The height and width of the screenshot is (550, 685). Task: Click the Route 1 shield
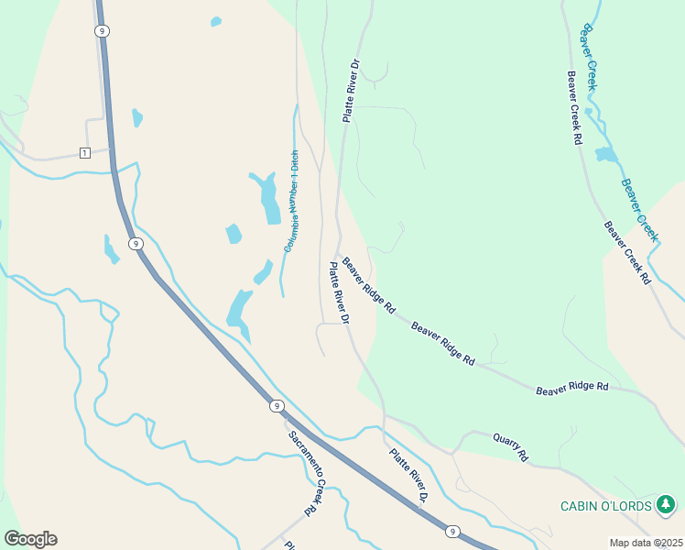[84, 152]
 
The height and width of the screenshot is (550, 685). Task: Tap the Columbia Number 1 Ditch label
[291, 201]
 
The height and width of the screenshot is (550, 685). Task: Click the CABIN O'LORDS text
[607, 506]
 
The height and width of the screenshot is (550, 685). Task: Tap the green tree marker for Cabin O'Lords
[666, 504]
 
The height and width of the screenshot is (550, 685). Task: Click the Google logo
[30, 539]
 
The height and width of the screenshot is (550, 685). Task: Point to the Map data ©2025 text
[646, 543]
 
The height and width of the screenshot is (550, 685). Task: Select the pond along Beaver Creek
[606, 154]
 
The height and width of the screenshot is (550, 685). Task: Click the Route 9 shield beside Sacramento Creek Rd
[276, 405]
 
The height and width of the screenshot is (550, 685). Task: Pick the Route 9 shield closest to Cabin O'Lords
[451, 531]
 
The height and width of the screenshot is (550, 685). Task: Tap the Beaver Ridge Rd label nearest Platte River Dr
[368, 286]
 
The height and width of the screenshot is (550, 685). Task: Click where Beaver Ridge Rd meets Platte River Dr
[337, 255]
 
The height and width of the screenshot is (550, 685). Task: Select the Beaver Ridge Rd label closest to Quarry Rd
[571, 389]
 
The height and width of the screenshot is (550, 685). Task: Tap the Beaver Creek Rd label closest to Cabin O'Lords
[626, 251]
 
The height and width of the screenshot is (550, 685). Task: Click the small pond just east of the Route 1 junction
[137, 117]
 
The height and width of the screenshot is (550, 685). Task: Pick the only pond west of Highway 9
[111, 249]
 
